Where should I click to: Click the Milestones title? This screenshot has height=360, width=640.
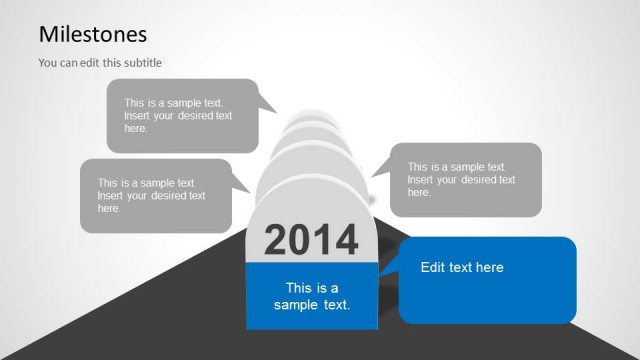click(93, 34)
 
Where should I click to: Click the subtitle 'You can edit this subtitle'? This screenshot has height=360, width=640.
click(100, 63)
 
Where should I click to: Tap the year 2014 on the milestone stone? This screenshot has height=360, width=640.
click(311, 240)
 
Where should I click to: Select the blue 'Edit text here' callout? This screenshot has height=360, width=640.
click(488, 280)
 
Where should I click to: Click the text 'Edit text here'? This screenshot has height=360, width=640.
click(462, 267)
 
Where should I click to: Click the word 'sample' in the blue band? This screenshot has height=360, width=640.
click(297, 304)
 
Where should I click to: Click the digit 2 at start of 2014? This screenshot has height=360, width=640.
click(277, 240)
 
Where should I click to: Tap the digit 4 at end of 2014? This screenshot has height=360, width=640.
click(346, 240)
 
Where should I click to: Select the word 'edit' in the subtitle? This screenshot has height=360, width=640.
click(81, 63)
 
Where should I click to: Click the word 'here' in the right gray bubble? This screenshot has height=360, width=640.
click(419, 192)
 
